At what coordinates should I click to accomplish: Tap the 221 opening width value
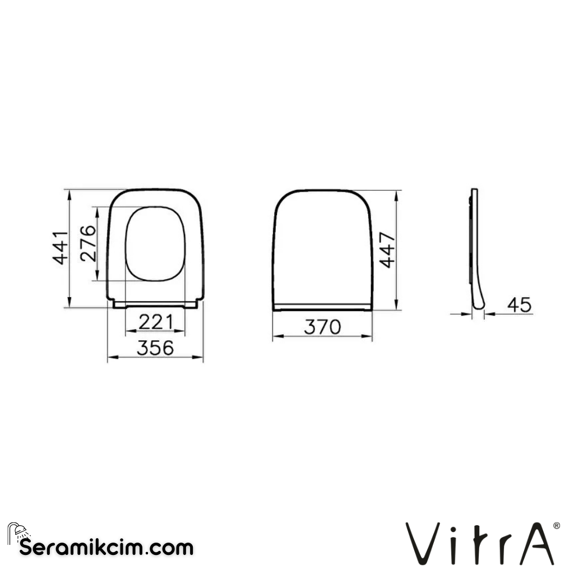(x=154, y=322)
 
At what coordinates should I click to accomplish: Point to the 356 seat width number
(x=155, y=348)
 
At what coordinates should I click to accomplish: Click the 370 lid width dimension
(x=322, y=327)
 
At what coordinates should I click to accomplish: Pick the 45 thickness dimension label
(x=519, y=305)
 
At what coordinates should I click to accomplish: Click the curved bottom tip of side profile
(x=479, y=305)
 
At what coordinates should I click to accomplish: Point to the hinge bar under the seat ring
(x=155, y=304)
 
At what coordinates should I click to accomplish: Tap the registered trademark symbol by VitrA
(x=556, y=526)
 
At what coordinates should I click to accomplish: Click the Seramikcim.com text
(x=107, y=548)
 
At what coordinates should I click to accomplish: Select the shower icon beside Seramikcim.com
(x=17, y=533)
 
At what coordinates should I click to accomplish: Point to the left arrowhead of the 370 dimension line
(x=275, y=337)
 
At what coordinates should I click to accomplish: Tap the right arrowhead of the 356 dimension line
(x=200, y=358)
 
